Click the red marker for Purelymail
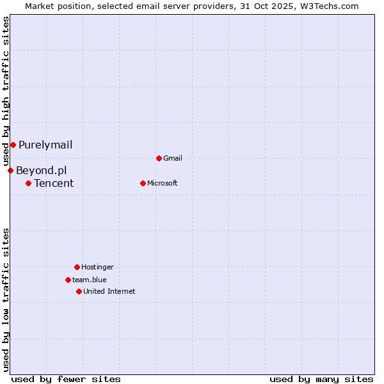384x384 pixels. point(13,145)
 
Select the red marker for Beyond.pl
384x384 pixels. point(10,170)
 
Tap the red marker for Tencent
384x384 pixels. point(28,183)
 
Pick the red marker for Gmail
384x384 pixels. point(159,158)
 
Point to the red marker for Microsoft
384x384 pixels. point(143,183)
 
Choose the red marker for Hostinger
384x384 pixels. point(77,267)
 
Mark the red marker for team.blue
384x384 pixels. point(68,280)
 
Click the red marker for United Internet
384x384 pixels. point(79,291)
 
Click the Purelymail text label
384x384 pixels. point(45,145)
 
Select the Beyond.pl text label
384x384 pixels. point(41,170)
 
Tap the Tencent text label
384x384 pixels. point(54,183)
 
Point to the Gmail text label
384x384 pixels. point(173,158)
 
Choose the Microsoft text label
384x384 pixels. point(163,183)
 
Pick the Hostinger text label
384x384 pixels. point(97,267)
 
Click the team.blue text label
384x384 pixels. point(90,280)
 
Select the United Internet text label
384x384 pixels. point(109,291)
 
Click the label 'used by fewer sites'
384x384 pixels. point(66,379)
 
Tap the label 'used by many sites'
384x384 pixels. point(321,379)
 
